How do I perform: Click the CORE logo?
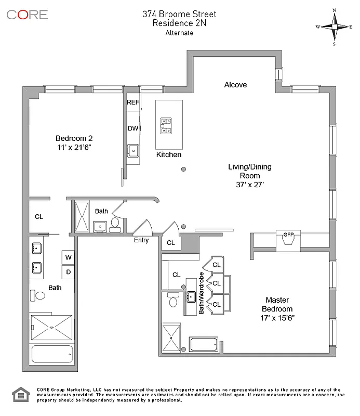(x=27, y=14)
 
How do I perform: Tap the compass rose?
(x=335, y=27)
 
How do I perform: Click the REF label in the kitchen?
(x=133, y=102)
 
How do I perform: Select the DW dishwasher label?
(x=132, y=128)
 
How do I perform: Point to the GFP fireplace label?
(x=288, y=234)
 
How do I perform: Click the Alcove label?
(x=235, y=85)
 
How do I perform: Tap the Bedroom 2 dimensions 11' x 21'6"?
(x=74, y=148)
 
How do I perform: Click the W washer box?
(x=69, y=257)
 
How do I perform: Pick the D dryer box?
(x=69, y=271)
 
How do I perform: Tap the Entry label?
(x=141, y=240)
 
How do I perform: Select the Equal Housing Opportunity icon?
(x=19, y=396)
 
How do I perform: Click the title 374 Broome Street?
(x=179, y=14)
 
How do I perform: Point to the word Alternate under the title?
(x=179, y=33)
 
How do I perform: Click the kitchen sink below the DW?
(x=132, y=151)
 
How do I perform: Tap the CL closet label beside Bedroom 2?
(x=39, y=216)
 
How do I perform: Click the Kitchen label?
(x=169, y=154)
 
